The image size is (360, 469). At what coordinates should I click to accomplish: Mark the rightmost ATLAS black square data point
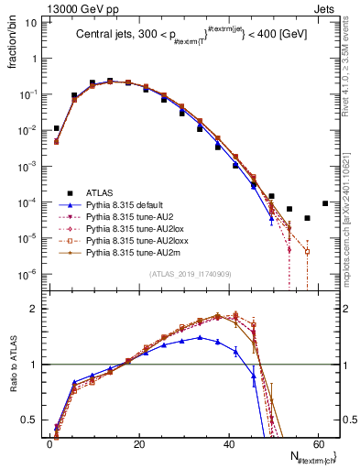[325, 203]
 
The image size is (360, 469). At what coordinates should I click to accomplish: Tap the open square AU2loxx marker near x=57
[308, 251]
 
